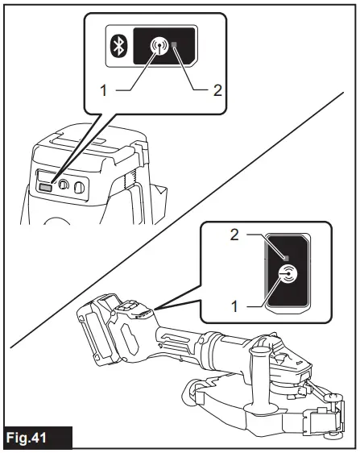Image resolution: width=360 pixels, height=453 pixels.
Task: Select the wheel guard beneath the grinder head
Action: [x=242, y=403]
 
